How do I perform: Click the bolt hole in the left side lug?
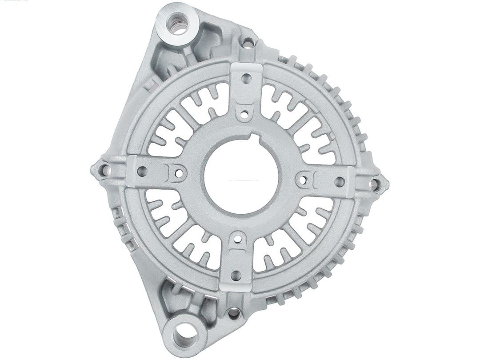pos(103,169)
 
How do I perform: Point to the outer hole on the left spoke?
pos(143,170)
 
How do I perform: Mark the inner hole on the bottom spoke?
pos(238,240)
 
